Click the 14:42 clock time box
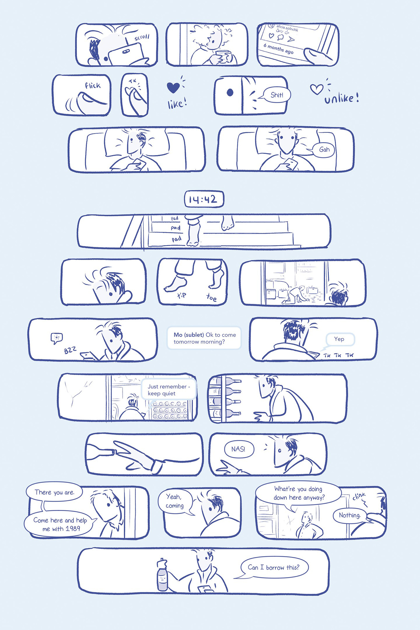click(204, 199)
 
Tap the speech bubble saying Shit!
click(276, 95)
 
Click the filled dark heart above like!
click(173, 87)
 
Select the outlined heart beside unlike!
click(316, 89)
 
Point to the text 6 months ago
click(278, 49)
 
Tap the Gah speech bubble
click(323, 149)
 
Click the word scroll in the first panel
click(142, 37)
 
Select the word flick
click(93, 86)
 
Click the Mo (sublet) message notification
click(204, 338)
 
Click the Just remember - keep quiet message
click(169, 390)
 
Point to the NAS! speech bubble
click(238, 449)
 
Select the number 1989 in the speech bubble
click(73, 528)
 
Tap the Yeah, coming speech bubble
click(175, 501)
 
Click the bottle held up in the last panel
click(162, 575)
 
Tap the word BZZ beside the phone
click(70, 350)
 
